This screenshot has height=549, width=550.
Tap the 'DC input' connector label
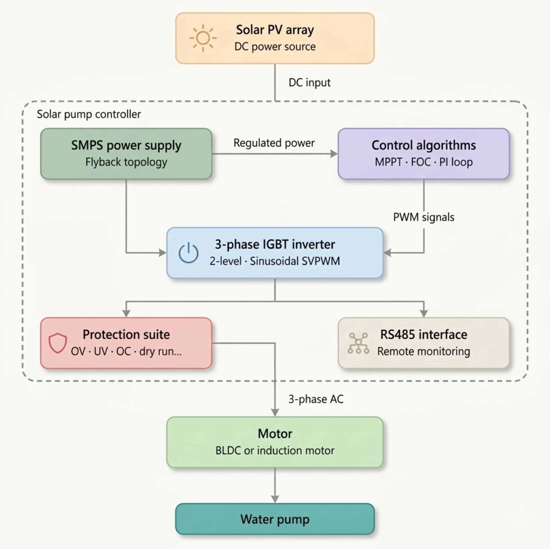[x=309, y=83]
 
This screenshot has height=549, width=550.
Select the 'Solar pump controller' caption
[x=89, y=114]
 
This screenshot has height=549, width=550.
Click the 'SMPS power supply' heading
[x=126, y=145]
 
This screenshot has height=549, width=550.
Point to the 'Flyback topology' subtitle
[x=126, y=162]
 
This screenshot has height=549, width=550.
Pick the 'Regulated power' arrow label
[x=274, y=143]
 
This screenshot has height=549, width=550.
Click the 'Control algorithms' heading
[x=424, y=145]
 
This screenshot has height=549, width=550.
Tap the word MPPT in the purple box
[x=388, y=162]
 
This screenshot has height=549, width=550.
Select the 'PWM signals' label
[x=424, y=217]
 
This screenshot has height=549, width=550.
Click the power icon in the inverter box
[x=188, y=253]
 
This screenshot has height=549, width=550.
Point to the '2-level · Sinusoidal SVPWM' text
[x=275, y=261]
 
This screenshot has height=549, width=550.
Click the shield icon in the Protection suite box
[x=58, y=343]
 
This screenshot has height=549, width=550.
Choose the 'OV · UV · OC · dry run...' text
[x=126, y=351]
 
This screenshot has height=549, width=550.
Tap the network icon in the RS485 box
[x=358, y=343]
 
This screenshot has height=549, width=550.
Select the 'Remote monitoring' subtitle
[x=424, y=351]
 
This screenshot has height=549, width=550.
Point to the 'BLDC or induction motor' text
[x=275, y=450]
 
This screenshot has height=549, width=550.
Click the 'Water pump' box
[x=275, y=519]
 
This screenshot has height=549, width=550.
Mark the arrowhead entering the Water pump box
[x=275, y=499]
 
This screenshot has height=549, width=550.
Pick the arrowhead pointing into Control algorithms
[x=334, y=154]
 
